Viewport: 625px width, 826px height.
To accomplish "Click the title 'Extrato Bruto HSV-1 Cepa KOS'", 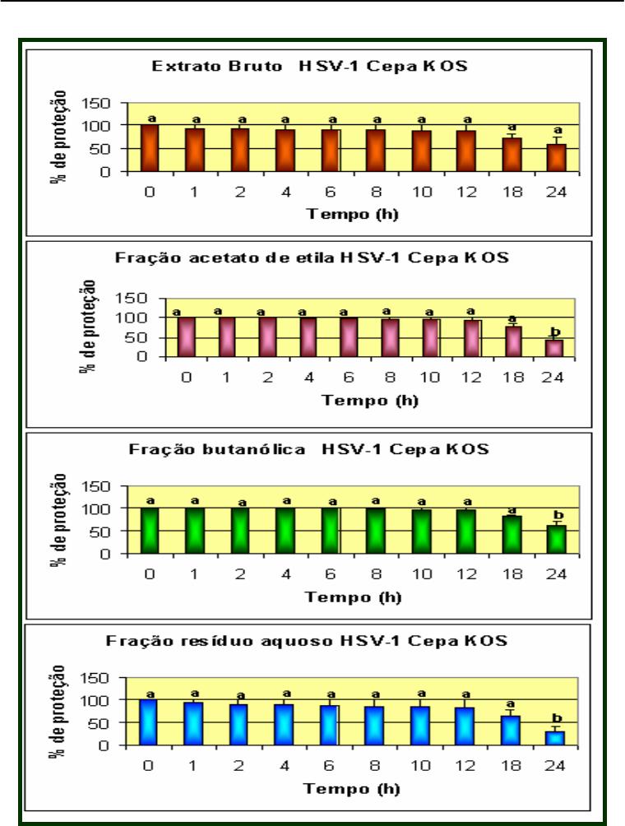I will click(x=310, y=66).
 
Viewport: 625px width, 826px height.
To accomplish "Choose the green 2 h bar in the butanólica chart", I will click(x=240, y=531).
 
